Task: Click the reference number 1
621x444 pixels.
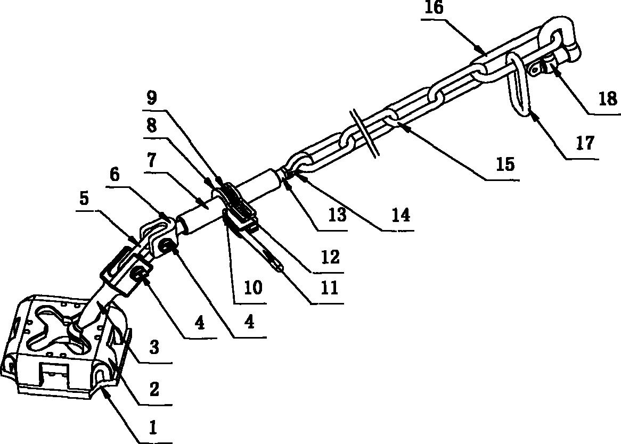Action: pos(153,428)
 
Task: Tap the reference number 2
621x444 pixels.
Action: pos(154,389)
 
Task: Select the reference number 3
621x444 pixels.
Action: pos(154,348)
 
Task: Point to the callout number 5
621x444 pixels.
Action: pos(84,199)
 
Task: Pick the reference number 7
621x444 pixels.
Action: pos(152,160)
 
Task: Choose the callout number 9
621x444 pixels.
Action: pos(151,97)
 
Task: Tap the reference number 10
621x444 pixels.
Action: pos(253,288)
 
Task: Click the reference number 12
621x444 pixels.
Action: pos(331,257)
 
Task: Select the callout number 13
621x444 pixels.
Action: pos(338,215)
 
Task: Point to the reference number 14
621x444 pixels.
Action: pos(401,215)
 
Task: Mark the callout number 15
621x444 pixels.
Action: pos(505,164)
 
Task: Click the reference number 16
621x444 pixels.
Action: pos(434,8)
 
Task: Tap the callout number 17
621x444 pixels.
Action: pos(585,143)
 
